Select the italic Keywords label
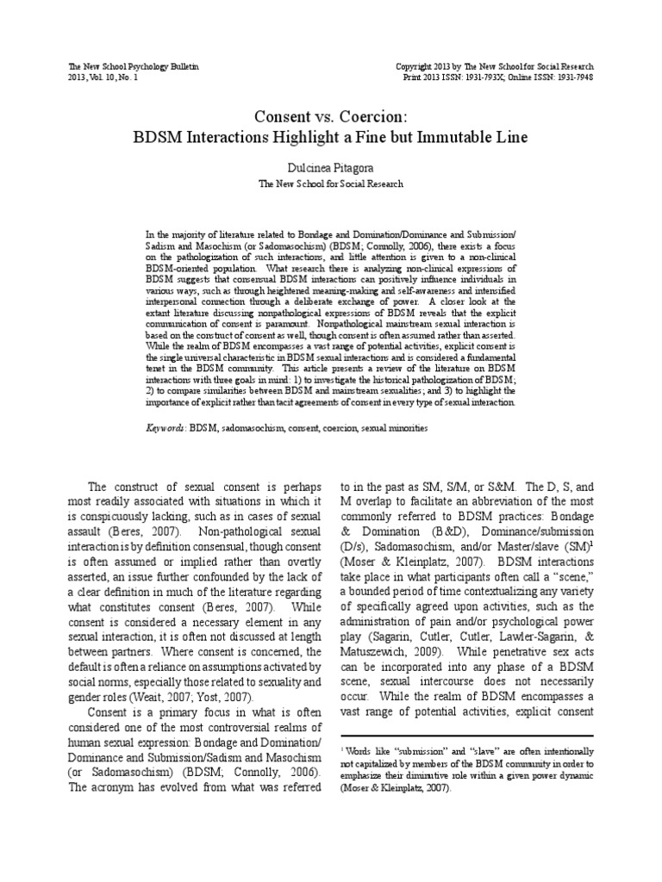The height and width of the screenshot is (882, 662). pyautogui.click(x=165, y=426)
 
